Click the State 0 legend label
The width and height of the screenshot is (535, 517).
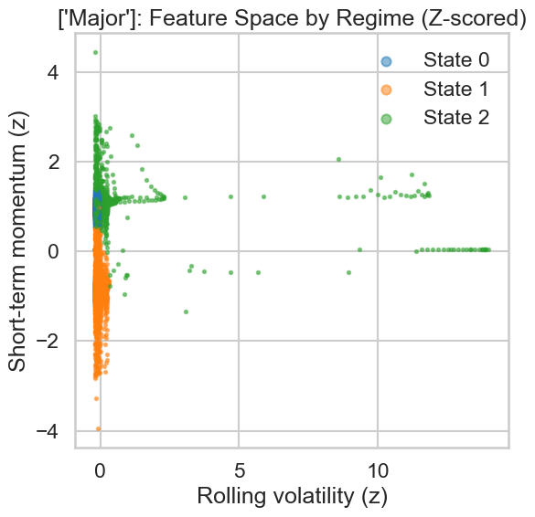pyautogui.click(x=455, y=60)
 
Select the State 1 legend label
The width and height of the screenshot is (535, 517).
pyautogui.click(x=455, y=89)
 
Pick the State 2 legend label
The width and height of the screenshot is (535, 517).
pyautogui.click(x=455, y=117)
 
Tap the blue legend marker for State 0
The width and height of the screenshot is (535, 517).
pyautogui.click(x=387, y=61)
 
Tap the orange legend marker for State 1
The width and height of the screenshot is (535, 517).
pyautogui.click(x=387, y=90)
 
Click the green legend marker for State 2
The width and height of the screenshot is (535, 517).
pyautogui.click(x=387, y=118)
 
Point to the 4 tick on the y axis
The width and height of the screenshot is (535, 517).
pyautogui.click(x=54, y=72)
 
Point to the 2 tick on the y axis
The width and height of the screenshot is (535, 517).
pyautogui.click(x=54, y=162)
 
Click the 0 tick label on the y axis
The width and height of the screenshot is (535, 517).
pyautogui.click(x=54, y=251)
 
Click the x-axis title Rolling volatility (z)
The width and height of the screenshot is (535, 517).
pyautogui.click(x=291, y=498)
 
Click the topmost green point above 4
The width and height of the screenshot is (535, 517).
pyautogui.click(x=95, y=52)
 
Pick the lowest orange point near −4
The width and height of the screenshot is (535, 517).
pyautogui.click(x=98, y=428)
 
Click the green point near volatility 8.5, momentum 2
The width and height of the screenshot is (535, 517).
pyautogui.click(x=338, y=159)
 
